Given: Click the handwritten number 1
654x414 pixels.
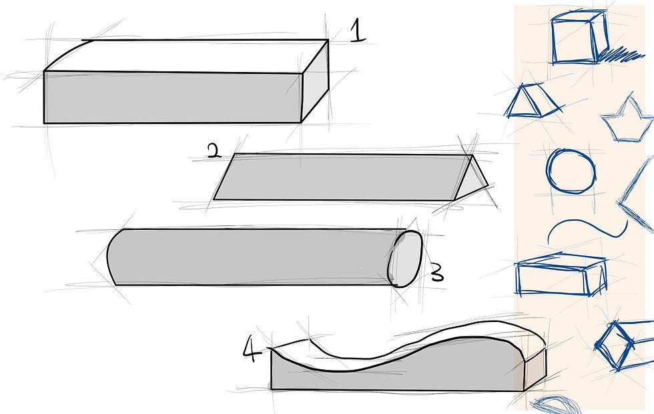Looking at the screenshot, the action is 357,31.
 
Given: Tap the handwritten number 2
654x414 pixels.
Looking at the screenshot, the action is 214,151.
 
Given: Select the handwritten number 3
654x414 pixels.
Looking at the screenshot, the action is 436,273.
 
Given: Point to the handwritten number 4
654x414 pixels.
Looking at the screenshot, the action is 252,348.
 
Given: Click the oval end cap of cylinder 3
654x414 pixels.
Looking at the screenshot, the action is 406,259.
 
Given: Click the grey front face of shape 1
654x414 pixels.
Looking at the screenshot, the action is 173,97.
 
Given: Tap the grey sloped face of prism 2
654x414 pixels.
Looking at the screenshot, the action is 342,177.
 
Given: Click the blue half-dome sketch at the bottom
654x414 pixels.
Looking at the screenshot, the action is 555,404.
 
